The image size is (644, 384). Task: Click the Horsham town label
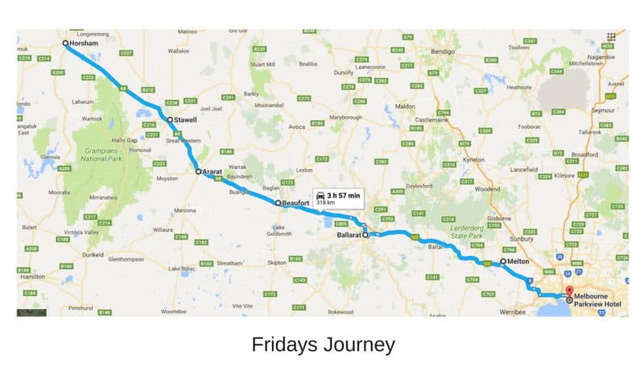point(85,43)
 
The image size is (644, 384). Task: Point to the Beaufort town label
point(295,204)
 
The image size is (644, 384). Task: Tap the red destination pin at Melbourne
point(569,291)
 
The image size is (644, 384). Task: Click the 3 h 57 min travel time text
point(342,195)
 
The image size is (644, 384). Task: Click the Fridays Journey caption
point(323,345)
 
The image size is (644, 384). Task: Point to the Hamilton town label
point(31,276)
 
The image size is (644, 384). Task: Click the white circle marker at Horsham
point(65,43)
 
